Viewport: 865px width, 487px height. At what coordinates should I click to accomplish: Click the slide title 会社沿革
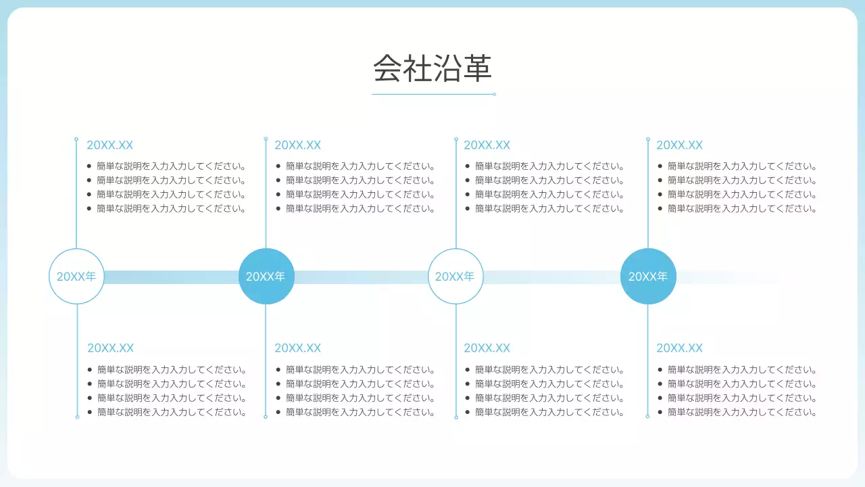(432, 68)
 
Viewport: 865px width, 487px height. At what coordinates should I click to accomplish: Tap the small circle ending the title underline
(494, 94)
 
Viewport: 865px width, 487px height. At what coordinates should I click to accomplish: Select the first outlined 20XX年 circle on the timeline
(76, 276)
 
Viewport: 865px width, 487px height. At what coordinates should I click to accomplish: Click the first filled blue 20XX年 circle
(266, 276)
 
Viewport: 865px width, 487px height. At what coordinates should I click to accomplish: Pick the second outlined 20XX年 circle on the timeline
(455, 276)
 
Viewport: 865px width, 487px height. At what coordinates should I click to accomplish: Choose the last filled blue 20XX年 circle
(648, 276)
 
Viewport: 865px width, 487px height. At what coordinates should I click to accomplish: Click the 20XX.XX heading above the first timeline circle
(109, 145)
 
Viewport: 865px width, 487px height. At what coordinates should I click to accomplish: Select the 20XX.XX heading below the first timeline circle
(110, 348)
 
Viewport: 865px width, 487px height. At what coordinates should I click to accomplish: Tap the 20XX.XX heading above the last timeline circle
(679, 145)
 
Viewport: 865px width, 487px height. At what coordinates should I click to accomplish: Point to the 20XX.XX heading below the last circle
(679, 348)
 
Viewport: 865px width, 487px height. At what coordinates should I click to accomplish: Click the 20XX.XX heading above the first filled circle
(297, 145)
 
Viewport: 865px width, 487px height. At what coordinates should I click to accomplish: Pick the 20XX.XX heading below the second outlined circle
(487, 348)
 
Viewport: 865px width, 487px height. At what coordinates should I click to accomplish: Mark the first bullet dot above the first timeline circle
(89, 166)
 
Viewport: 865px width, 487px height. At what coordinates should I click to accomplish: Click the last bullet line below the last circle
(742, 412)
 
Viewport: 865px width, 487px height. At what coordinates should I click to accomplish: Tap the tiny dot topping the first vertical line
(76, 139)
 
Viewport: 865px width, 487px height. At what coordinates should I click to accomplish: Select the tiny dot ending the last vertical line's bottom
(648, 417)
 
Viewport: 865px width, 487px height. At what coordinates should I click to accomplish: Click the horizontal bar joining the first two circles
(171, 277)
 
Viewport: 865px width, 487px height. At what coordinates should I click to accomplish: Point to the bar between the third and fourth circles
(551, 277)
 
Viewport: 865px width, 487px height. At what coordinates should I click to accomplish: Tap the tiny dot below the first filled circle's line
(266, 417)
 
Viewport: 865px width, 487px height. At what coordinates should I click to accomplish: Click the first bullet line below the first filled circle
(360, 370)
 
